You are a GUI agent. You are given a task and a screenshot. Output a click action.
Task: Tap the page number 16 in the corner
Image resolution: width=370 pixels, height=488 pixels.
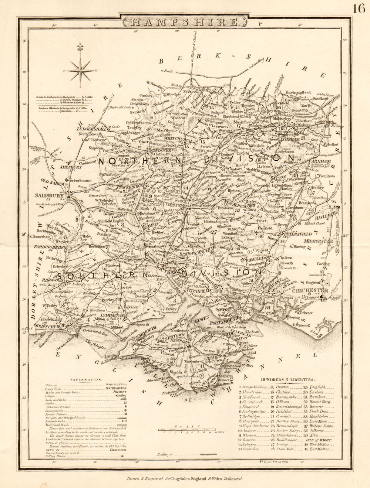click(x=359, y=8)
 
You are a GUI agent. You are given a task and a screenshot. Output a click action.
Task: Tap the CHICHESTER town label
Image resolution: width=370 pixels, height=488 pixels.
click(x=310, y=291)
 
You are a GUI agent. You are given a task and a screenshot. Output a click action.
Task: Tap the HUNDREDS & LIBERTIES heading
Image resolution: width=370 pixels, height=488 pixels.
click(x=288, y=379)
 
